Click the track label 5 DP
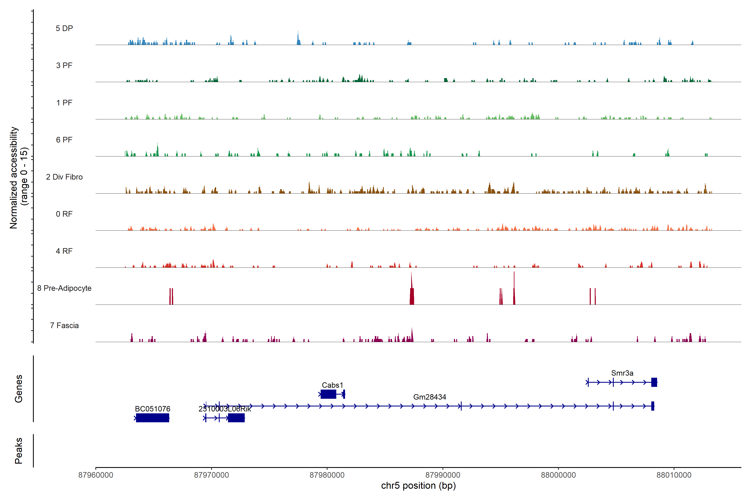[x=64, y=28]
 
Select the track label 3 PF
[x=64, y=65]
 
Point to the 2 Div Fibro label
[x=64, y=177]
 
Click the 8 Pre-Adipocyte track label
[x=64, y=288]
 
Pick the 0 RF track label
[x=64, y=214]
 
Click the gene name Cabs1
[x=332, y=385]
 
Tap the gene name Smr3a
[x=622, y=373]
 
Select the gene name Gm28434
[x=430, y=397]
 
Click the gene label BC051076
[x=153, y=409]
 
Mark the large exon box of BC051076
[x=153, y=418]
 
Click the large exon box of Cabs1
[x=328, y=394]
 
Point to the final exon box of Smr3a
[x=654, y=382]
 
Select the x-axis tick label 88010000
[x=674, y=475]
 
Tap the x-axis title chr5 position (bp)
[x=418, y=486]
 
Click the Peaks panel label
[x=19, y=451]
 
